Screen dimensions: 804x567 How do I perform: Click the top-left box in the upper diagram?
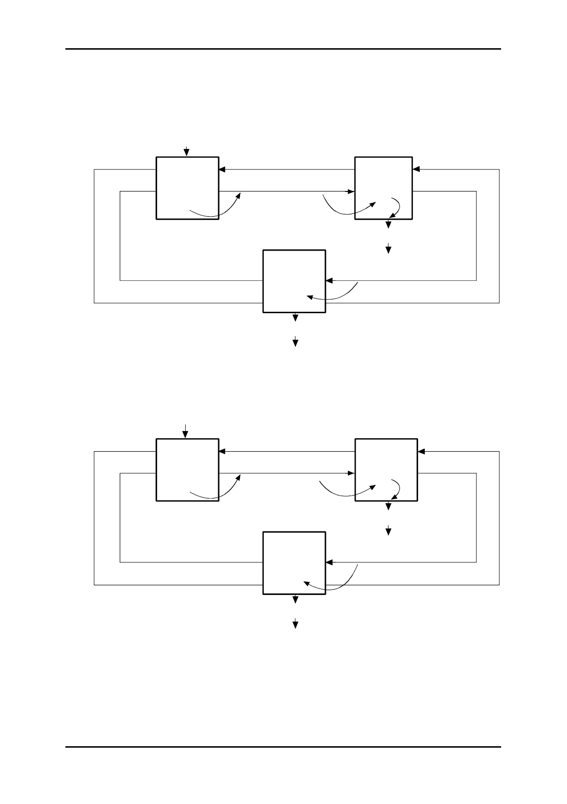(187, 188)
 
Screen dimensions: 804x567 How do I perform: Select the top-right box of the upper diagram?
(383, 188)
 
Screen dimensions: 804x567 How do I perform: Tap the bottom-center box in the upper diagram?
(294, 281)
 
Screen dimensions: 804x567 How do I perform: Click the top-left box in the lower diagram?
(187, 470)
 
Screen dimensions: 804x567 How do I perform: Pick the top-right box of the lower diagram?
(386, 470)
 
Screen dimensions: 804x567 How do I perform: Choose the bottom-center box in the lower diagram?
(294, 563)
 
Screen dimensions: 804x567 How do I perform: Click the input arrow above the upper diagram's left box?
(187, 151)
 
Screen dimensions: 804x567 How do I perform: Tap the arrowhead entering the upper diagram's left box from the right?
(222, 169)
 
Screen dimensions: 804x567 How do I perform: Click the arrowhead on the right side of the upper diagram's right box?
(416, 169)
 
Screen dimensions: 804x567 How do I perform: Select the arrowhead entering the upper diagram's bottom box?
(329, 280)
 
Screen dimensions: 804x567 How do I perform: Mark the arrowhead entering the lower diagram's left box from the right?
(222, 452)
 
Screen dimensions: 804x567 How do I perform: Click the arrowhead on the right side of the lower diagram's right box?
(421, 452)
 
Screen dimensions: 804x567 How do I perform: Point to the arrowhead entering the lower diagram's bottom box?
(329, 562)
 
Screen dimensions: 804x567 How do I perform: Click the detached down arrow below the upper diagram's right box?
(388, 248)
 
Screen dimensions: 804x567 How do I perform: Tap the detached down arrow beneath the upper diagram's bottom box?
(295, 341)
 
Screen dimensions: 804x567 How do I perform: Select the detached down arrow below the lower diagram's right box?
(388, 530)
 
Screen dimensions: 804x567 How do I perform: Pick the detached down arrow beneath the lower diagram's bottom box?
(295, 623)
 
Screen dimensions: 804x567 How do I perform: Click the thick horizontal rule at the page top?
(283, 49)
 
